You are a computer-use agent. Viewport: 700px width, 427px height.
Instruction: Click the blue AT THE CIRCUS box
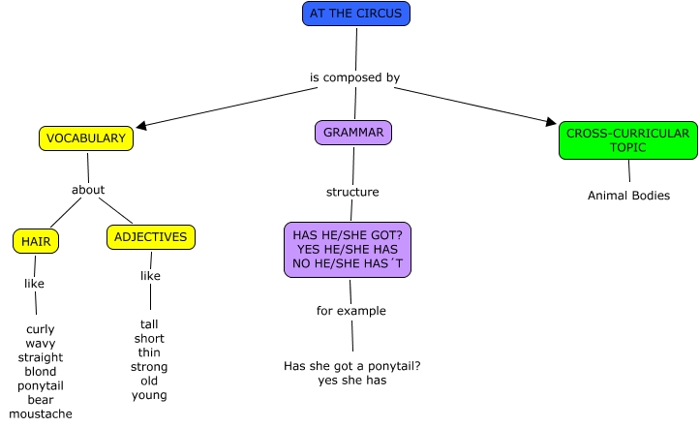tap(356, 14)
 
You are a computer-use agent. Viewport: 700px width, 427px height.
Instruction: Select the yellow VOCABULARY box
tap(86, 138)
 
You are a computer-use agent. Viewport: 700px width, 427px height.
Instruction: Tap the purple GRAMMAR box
tap(353, 133)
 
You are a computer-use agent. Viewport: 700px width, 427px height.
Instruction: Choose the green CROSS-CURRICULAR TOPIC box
tap(627, 140)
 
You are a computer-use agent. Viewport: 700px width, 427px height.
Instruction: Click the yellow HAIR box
tap(37, 240)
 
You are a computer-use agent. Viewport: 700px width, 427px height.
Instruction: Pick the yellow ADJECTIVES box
tap(151, 237)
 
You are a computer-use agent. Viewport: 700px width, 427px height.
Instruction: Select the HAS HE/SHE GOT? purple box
tap(349, 249)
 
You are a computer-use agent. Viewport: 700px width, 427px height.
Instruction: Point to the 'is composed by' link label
tap(354, 77)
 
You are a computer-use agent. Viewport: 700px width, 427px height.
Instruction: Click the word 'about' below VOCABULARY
tap(88, 190)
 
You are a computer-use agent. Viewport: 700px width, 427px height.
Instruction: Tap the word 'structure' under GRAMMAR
tap(352, 192)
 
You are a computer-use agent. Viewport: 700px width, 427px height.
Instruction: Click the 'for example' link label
tap(351, 311)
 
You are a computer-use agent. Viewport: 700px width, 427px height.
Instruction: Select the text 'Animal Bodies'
tap(628, 196)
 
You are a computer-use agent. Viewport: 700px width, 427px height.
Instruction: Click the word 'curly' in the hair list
tap(41, 329)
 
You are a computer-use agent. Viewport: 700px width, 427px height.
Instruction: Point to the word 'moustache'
tap(41, 413)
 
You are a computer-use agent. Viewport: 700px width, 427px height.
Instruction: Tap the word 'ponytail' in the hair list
tap(41, 385)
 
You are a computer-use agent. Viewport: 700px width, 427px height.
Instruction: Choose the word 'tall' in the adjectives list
tap(149, 324)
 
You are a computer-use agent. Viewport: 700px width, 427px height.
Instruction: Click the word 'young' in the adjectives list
tap(149, 395)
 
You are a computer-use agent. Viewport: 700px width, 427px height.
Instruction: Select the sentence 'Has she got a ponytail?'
tap(352, 366)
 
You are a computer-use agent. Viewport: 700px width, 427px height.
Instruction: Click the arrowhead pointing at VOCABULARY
tap(142, 125)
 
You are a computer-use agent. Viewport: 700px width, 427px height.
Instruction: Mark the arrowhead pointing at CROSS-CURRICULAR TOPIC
tap(552, 122)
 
